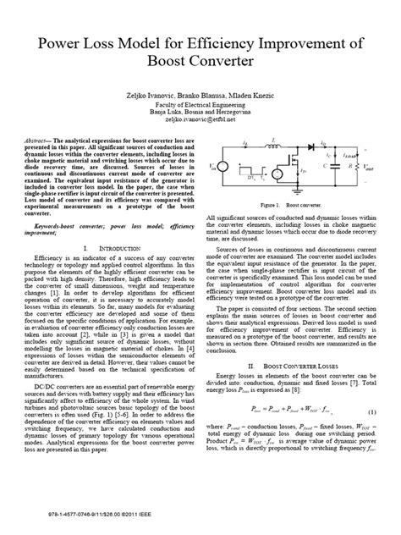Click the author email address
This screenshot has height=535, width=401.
click(x=200, y=121)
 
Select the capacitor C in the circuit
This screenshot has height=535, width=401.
click(x=350, y=192)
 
